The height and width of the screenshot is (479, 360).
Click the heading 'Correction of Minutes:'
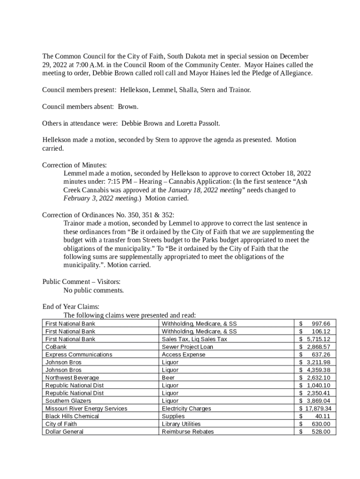click(x=74, y=165)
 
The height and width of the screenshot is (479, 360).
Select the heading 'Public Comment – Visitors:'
click(x=81, y=282)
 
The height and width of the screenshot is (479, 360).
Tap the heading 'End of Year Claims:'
click(x=71, y=307)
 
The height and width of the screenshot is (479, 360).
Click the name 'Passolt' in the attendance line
click(x=207, y=123)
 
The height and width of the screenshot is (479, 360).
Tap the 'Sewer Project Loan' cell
click(x=187, y=347)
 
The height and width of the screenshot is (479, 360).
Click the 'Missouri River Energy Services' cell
click(x=86, y=408)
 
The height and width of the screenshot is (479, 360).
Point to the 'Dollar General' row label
click(x=64, y=431)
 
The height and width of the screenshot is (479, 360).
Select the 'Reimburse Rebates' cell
click(x=187, y=431)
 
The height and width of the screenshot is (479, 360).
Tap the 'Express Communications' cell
click(x=79, y=355)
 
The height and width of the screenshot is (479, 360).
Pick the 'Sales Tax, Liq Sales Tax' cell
click(x=194, y=339)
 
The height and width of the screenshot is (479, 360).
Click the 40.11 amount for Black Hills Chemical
click(x=322, y=416)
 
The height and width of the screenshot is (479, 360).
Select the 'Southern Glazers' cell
click(x=68, y=401)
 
